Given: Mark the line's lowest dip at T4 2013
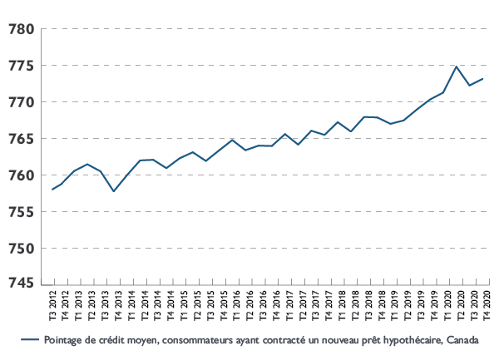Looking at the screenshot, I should click(114, 191).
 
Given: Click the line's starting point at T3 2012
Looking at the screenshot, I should click(52, 190).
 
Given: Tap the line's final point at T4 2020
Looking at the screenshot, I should click(482, 79).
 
